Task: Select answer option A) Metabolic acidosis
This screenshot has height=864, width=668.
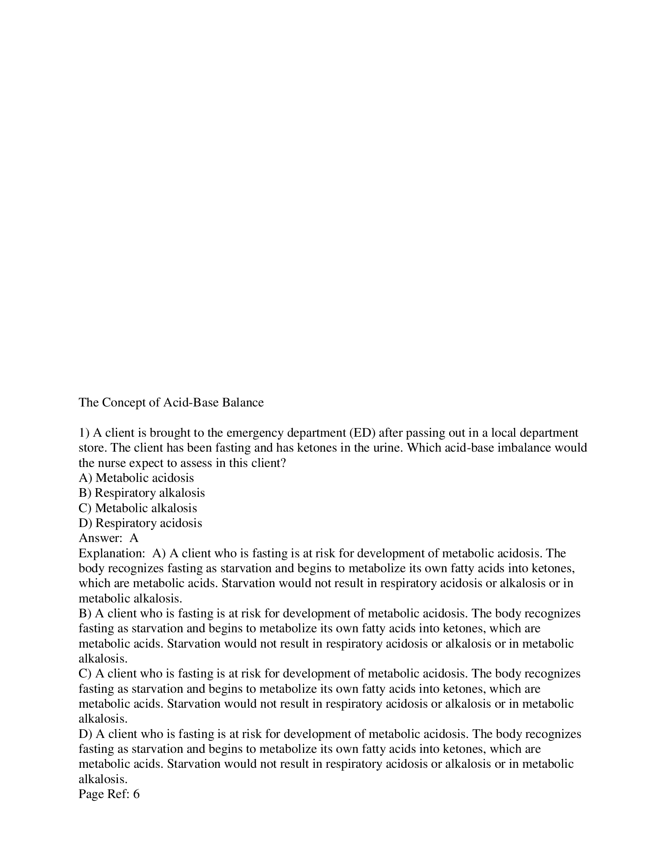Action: point(136,478)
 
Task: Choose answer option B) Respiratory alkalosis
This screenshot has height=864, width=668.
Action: point(142,493)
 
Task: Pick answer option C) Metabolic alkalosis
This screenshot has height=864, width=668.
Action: point(138,508)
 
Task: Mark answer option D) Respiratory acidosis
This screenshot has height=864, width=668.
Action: point(140,523)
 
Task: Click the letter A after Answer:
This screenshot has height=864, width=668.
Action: point(134,538)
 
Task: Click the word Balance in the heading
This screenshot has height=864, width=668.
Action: point(242,403)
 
